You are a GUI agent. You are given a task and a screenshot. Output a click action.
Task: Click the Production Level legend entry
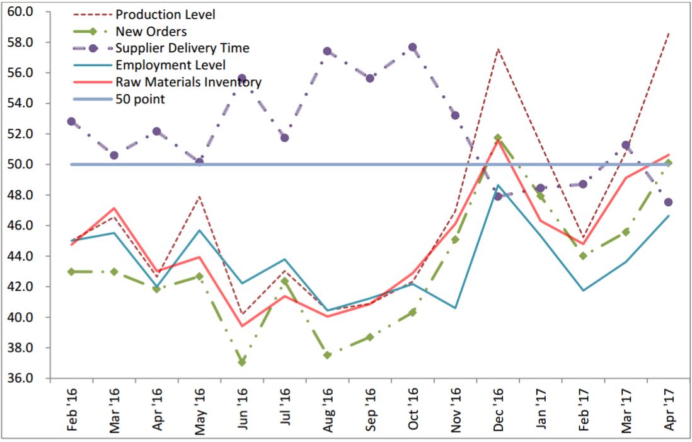pos(165,15)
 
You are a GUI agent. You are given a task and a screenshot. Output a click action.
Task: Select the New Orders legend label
pos(151,32)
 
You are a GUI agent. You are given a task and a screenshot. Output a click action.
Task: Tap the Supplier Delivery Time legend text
pos(182,49)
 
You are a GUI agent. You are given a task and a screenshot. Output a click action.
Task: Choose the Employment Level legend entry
pos(170,65)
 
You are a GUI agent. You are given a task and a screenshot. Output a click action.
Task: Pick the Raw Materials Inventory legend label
pos(188,82)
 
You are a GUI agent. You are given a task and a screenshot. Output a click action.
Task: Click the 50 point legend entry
pos(140,99)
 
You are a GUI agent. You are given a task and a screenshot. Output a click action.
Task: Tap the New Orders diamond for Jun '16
pos(242,362)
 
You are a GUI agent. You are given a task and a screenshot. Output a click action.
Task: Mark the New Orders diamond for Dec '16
pos(498,137)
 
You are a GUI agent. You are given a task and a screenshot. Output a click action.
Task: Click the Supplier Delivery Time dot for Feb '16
pos(71,122)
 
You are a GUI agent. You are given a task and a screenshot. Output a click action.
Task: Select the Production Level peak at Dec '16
pos(498,49)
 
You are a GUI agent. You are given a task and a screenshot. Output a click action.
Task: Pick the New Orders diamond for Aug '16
pos(327,355)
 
